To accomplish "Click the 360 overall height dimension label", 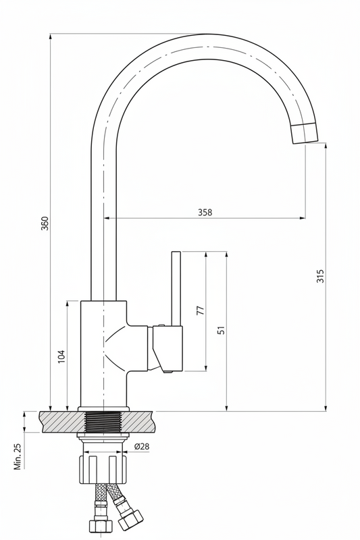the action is [45, 223].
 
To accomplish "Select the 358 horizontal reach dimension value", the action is [205, 212].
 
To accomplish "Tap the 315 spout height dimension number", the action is [320, 276].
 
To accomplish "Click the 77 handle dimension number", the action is [200, 310].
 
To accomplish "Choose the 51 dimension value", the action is [222, 330].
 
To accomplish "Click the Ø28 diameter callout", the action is [142, 446].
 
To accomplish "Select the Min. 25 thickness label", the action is [18, 456].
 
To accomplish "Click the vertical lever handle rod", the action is [176, 288].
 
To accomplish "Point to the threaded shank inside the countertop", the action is [103, 421].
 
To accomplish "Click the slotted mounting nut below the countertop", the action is [103, 469].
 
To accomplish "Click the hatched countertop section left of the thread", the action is [62, 421].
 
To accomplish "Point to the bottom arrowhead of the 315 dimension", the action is [326, 408].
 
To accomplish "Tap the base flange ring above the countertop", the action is [103, 409].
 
